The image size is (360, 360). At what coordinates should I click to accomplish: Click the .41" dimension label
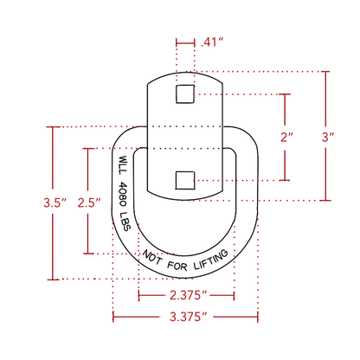[x=212, y=42]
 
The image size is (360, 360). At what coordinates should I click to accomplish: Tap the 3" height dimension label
[x=328, y=137]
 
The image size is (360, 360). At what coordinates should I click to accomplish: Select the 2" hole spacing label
[x=286, y=137]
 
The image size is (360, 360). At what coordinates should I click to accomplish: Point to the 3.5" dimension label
[x=55, y=202]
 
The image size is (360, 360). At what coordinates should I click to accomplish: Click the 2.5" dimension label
[x=89, y=202]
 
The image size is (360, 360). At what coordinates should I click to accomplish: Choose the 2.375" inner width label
[x=189, y=295]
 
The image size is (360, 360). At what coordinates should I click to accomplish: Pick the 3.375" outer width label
[x=189, y=317]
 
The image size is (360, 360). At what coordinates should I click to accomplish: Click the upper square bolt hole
[x=185, y=94]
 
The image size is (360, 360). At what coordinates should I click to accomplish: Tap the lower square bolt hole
[x=185, y=180]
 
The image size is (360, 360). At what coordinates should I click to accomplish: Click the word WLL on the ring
[x=123, y=164]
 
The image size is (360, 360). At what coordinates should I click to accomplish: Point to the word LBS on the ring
[x=125, y=222]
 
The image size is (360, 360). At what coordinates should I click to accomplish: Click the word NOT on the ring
[x=152, y=257]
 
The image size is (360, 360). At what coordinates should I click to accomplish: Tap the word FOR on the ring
[x=177, y=266]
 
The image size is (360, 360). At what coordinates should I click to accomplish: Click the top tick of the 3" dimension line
[x=326, y=71]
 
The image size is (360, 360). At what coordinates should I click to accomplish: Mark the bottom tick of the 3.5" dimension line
[x=53, y=280]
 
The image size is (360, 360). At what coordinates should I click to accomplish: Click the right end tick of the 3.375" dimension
[x=258, y=317]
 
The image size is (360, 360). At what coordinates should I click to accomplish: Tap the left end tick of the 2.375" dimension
[x=138, y=295]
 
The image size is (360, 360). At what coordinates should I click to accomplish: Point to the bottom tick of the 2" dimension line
[x=285, y=180]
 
